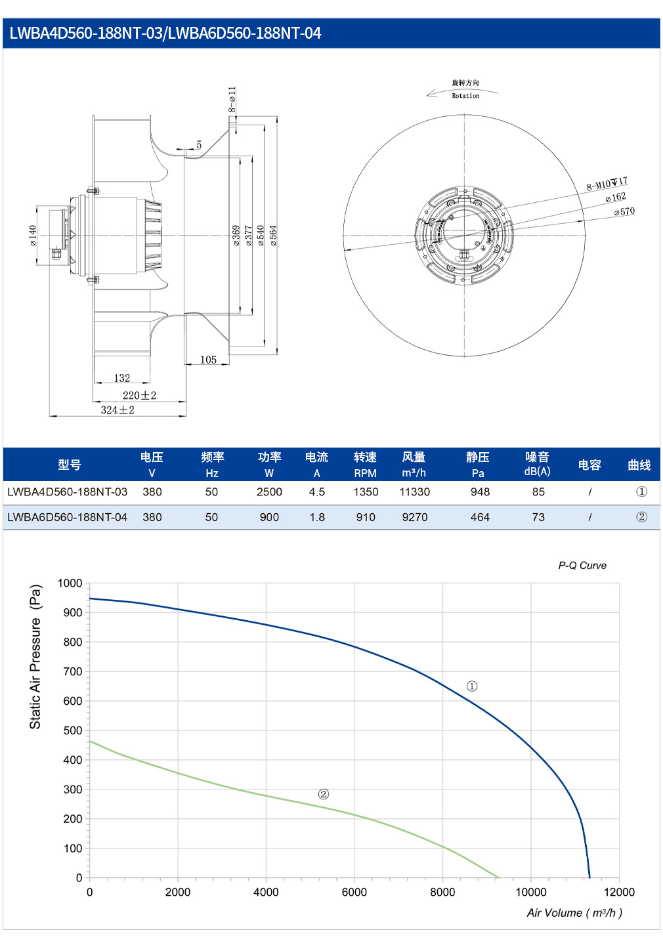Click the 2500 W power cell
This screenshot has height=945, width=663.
(269, 492)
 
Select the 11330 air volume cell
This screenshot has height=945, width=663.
(414, 492)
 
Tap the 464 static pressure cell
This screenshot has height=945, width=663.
(480, 517)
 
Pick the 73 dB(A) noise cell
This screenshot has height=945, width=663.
(538, 517)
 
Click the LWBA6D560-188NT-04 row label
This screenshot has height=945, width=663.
(67, 517)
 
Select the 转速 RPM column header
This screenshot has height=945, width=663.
(365, 465)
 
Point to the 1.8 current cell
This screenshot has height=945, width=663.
(317, 517)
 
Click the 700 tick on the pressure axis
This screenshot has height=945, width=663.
(73, 671)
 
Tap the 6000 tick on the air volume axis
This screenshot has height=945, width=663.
(354, 892)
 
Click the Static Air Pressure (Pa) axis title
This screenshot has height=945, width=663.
(35, 656)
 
